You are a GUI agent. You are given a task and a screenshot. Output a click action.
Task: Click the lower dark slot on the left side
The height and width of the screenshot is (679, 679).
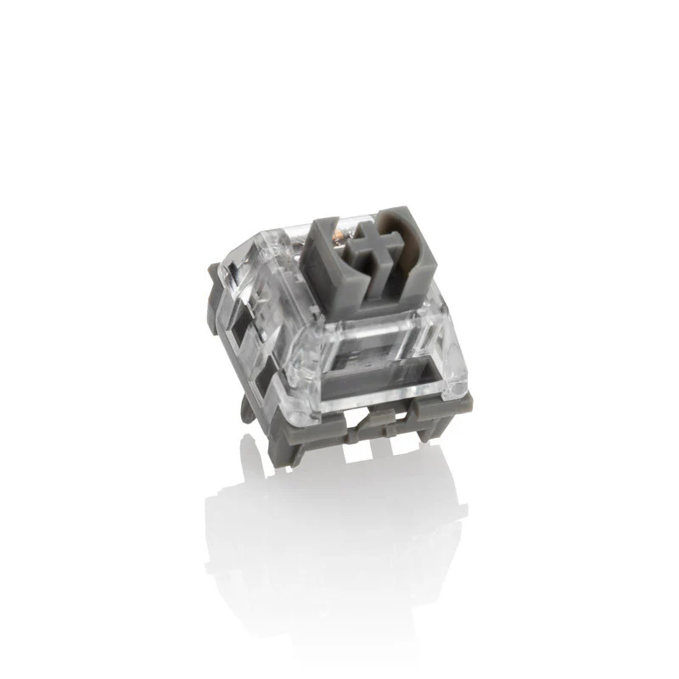tap(272, 369)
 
